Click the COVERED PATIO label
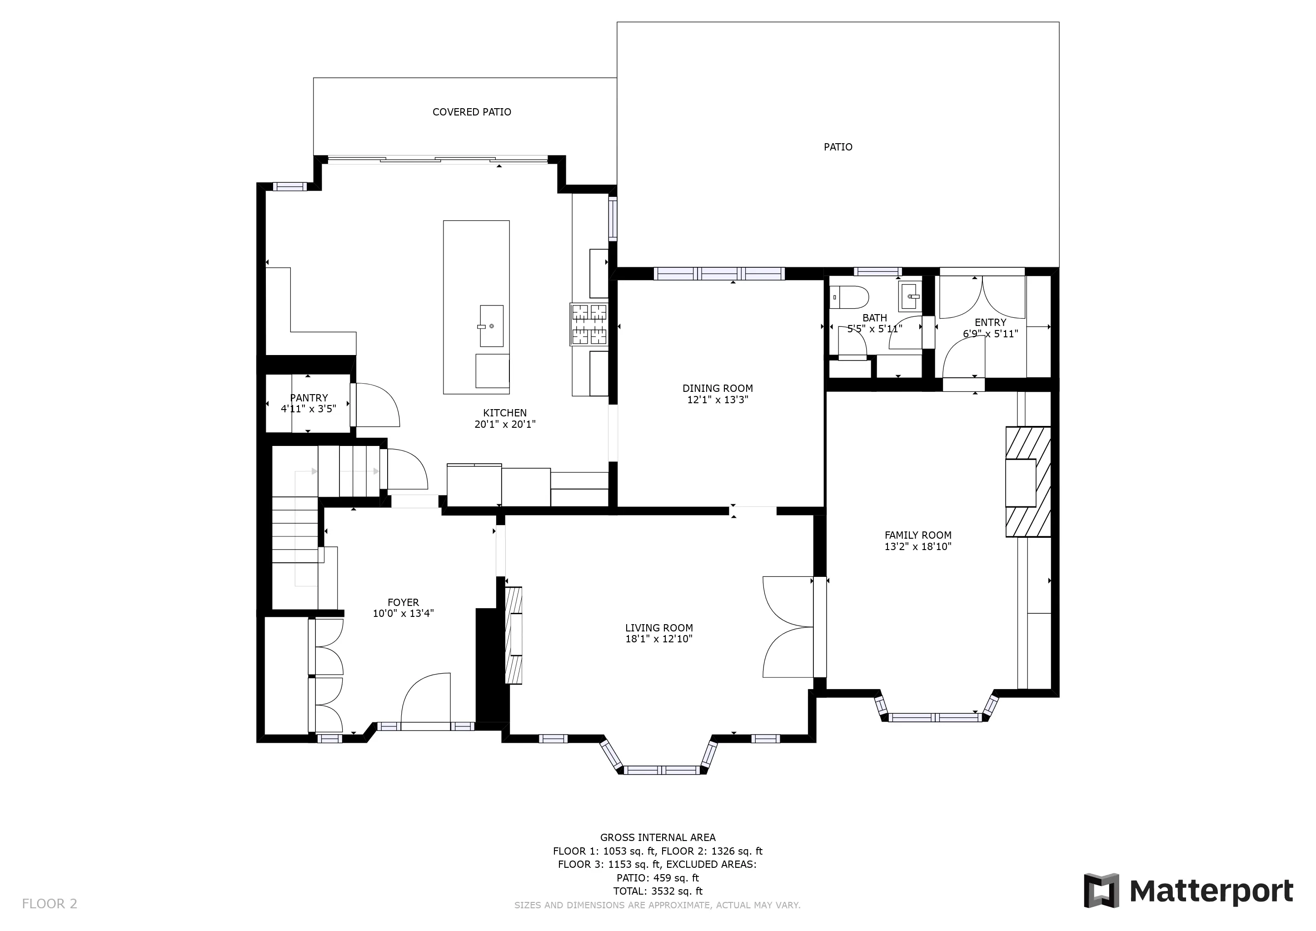(x=472, y=112)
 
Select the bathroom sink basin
(x=910, y=297)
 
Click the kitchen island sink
(x=491, y=325)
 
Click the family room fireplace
(x=1028, y=481)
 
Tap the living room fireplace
(x=513, y=635)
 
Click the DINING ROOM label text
(x=718, y=388)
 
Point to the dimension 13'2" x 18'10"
(x=917, y=547)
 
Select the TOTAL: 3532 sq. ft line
(x=658, y=891)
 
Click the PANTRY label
(x=309, y=398)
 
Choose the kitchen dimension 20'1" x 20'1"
(x=505, y=425)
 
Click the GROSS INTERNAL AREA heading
(x=658, y=837)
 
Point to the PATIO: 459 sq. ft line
(x=658, y=878)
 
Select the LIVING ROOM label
(x=659, y=628)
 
